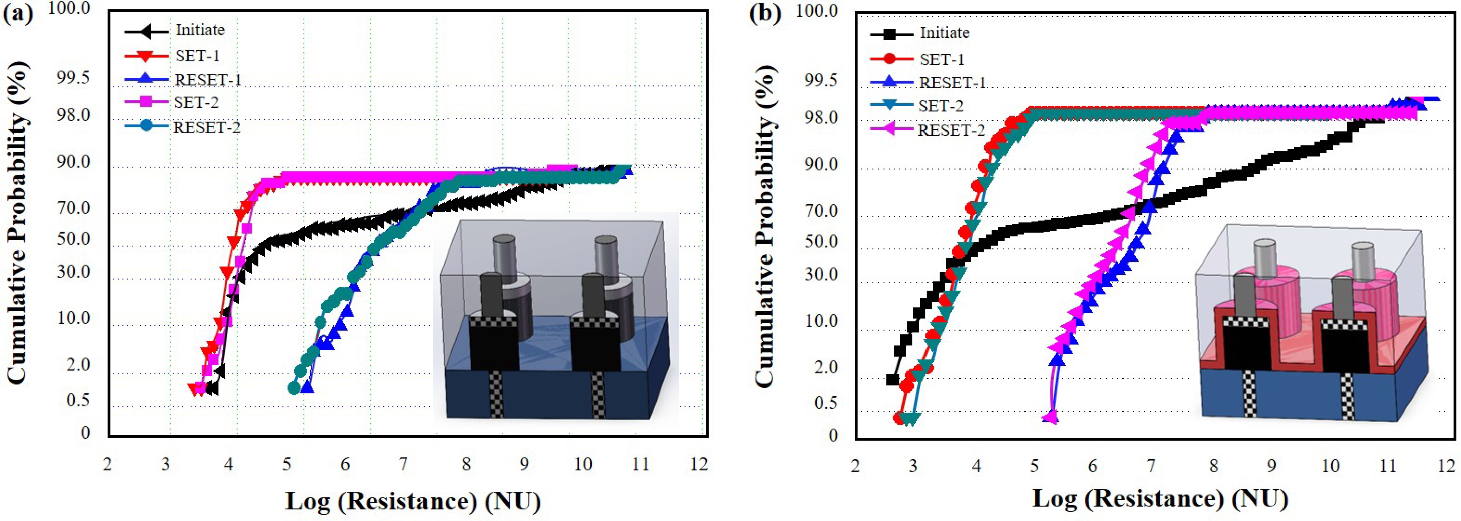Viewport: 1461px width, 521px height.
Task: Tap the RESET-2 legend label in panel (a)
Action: tap(206, 128)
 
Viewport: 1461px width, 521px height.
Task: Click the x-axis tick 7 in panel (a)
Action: tap(403, 465)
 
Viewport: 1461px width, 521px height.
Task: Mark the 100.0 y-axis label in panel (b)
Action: tap(817, 11)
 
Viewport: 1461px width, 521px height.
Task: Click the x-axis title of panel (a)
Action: tap(413, 501)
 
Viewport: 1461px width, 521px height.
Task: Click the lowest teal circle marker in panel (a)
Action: tap(293, 388)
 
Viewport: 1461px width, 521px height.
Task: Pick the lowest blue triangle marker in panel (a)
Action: tap(308, 387)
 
